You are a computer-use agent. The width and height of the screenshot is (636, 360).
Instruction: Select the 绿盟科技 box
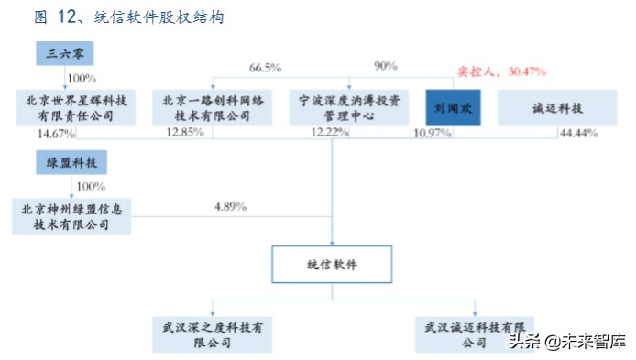[x=72, y=164]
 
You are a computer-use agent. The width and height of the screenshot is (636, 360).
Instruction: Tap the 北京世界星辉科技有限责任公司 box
[x=76, y=108]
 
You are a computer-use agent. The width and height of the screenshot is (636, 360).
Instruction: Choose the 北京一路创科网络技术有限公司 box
[x=212, y=108]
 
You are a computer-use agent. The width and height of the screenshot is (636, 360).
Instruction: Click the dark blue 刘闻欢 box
[x=453, y=108]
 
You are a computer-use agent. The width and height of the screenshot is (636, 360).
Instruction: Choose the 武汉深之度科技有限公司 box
[x=213, y=334]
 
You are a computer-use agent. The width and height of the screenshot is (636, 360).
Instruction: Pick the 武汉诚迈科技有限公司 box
[x=474, y=334]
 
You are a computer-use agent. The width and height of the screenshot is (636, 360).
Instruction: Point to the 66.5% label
[x=265, y=68]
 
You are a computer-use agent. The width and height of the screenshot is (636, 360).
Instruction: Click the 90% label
[x=386, y=66]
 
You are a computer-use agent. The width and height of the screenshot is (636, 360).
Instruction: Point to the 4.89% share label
[x=230, y=206]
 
